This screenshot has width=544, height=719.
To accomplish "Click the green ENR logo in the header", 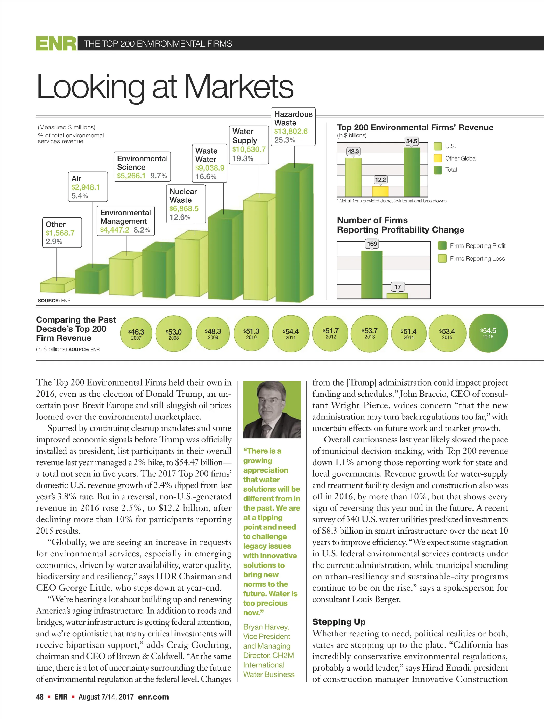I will [x=56, y=43].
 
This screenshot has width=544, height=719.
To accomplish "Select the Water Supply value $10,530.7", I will [x=249, y=149].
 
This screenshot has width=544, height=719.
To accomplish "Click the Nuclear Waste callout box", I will [x=186, y=204].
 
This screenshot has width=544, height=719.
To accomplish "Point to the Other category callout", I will [x=62, y=233].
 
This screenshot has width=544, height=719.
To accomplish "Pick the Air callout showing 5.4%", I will [x=88, y=187].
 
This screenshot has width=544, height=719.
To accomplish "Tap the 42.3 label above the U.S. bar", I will [x=353, y=151].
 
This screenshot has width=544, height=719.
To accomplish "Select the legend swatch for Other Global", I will [x=437, y=158].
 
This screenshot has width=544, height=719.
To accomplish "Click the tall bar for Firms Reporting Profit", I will [x=372, y=275].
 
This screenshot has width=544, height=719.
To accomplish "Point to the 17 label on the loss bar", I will [x=397, y=287].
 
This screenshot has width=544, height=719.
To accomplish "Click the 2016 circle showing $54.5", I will [x=488, y=333].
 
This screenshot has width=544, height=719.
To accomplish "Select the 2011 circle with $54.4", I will [x=291, y=333].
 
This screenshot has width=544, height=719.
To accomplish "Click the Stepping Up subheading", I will [x=339, y=622].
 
